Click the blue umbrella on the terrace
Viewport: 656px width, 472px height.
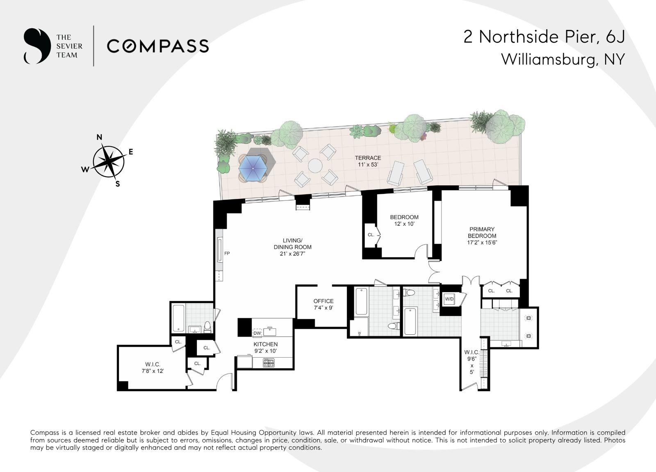pos(253,168)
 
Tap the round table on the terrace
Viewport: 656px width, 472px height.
pos(315,166)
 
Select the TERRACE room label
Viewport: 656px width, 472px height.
pos(368,158)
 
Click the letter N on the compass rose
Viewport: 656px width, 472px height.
pos(100,137)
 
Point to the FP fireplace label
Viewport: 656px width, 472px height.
pos(227,253)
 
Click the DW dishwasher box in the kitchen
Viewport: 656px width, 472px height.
pos(257,333)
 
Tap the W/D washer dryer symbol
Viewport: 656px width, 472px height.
pos(449,299)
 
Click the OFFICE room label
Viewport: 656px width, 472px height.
pos(323,301)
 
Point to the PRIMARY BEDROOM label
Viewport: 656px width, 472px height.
pos(482,233)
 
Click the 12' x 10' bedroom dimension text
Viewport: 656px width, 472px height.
pos(404,224)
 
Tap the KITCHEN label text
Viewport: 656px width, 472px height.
pos(266,345)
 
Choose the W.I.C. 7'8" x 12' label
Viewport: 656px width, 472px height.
pos(153,368)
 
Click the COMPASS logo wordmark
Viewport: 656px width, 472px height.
pos(158,46)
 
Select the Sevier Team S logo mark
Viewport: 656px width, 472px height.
pos(37,46)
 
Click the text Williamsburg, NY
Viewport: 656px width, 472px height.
pos(563,59)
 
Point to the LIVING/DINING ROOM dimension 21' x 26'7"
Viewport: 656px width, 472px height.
pos(292,254)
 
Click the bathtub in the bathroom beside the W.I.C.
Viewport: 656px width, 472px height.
pos(178,318)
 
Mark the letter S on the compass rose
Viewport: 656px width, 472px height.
pos(118,184)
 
